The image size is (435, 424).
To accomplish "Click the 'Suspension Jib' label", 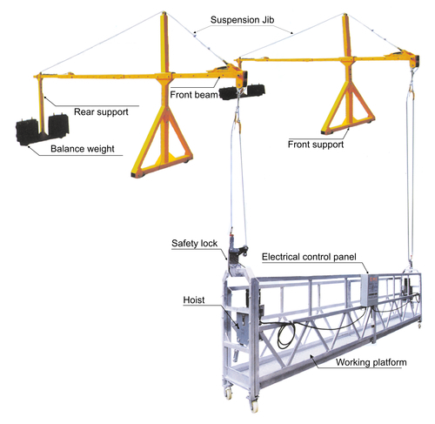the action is click(x=242, y=20).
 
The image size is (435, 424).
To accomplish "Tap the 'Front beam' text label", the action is click(x=194, y=95).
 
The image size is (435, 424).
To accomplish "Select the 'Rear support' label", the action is click(x=101, y=112).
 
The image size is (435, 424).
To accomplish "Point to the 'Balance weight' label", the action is click(x=83, y=149).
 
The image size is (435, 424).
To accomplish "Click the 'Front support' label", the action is click(x=316, y=145).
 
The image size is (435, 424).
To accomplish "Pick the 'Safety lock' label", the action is click(x=194, y=243).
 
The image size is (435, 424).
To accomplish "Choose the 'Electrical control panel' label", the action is click(x=309, y=257).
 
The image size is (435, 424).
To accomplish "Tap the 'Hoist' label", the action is click(x=194, y=299).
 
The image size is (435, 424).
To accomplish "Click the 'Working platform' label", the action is click(x=371, y=362).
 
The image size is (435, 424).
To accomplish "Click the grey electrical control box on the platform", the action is click(x=370, y=290).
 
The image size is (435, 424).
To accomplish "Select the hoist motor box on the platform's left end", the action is click(x=243, y=326).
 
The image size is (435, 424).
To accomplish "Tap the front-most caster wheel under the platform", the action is click(x=254, y=406).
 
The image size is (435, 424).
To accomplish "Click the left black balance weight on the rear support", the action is click(x=27, y=131).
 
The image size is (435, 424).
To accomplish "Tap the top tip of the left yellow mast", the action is click(x=164, y=12).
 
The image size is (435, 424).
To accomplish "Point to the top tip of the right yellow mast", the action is click(x=345, y=14).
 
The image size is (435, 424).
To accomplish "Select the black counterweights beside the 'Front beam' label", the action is click(x=242, y=92).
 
